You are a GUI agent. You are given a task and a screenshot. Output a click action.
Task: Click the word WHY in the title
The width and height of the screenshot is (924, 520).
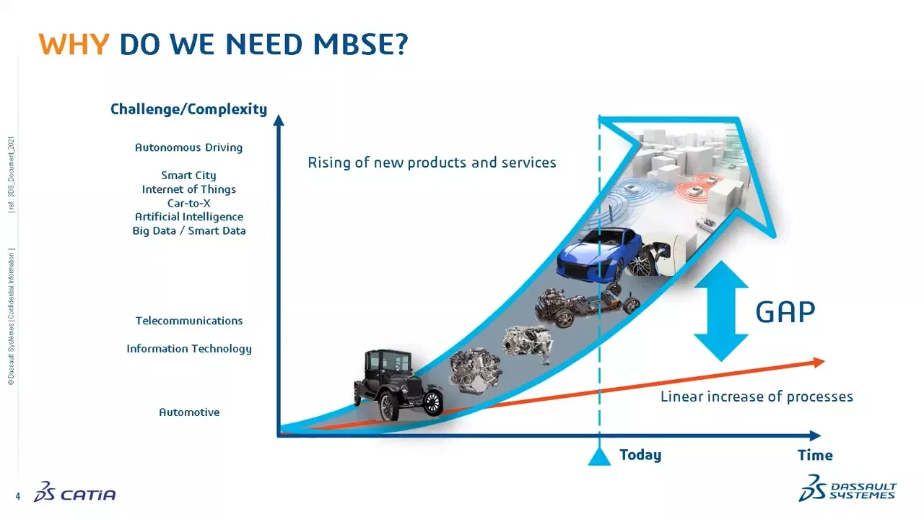[74, 45]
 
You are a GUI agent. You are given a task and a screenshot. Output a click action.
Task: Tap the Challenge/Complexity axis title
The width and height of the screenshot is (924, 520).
[188, 110]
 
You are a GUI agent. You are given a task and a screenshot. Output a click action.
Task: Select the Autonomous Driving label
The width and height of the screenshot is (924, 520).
[188, 147]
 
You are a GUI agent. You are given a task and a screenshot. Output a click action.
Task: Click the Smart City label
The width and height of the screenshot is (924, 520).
[188, 175]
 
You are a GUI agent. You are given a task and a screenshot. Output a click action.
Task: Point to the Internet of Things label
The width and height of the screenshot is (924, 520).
[188, 189]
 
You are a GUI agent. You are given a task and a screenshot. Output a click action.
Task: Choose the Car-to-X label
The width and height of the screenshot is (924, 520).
[188, 203]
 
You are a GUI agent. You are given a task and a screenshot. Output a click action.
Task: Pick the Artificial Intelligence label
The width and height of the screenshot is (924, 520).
[188, 217]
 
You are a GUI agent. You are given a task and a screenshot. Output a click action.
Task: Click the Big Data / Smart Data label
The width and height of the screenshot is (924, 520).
[188, 231]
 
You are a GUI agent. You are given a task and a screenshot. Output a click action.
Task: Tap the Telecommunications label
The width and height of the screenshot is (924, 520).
[188, 321]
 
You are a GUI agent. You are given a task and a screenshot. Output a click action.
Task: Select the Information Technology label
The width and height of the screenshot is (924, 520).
[188, 349]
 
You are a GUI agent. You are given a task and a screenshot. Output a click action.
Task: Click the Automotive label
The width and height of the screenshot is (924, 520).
[188, 412]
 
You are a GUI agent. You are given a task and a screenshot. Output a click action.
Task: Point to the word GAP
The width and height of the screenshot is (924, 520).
[785, 312]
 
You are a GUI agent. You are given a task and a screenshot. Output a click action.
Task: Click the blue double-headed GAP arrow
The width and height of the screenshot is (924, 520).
[721, 311]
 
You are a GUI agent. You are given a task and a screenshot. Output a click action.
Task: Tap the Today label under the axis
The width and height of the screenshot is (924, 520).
[640, 455]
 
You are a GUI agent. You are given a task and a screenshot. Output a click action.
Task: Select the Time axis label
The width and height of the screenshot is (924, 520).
[815, 455]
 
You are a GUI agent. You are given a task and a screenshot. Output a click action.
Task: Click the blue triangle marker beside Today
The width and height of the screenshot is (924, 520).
[599, 456]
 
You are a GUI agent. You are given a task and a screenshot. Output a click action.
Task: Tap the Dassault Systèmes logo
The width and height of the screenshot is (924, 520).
[847, 488]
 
